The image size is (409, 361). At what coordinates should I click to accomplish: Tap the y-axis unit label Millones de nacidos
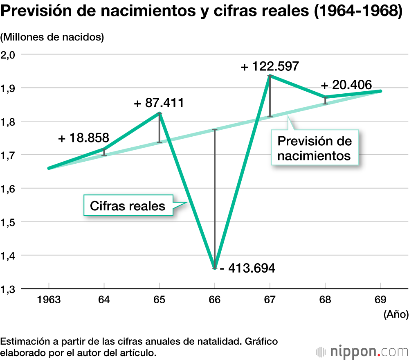tap(52, 37)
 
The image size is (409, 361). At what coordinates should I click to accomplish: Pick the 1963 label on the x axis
tap(49, 300)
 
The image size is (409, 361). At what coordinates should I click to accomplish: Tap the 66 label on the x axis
tap(214, 300)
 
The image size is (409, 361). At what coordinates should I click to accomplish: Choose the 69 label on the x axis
tap(380, 300)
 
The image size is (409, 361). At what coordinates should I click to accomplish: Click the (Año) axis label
tap(396, 314)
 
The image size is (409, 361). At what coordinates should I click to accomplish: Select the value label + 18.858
tap(83, 138)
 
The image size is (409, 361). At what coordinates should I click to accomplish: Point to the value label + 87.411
tap(159, 103)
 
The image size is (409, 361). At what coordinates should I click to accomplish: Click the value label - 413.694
tap(247, 268)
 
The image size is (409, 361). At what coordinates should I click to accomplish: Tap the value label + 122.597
tap(270, 66)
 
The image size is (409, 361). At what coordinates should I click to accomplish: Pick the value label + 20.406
tap(346, 85)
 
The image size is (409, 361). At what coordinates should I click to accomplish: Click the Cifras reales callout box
tap(128, 205)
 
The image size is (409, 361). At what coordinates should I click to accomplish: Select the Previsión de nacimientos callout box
tap(314, 148)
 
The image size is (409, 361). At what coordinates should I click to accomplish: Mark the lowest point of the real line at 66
tap(214, 268)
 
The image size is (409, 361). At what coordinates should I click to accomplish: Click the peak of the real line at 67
tap(270, 76)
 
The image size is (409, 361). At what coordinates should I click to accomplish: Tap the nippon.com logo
tap(361, 351)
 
